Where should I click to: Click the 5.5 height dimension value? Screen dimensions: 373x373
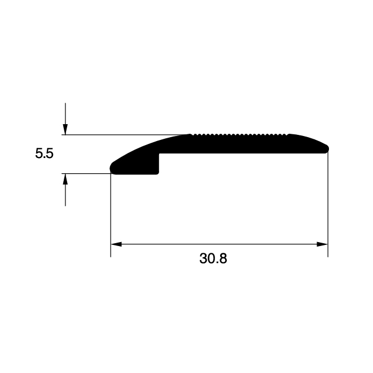44,153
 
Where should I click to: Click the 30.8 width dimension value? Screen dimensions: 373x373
213,258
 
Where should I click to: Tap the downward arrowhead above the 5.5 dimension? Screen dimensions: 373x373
65,129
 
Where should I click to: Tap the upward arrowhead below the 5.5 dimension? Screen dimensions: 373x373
65,179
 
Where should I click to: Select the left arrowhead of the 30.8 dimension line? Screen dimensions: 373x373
116,244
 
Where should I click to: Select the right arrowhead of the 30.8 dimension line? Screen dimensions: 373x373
322,244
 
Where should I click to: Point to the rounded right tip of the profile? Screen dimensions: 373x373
326,149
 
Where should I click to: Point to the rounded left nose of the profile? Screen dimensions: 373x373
112,168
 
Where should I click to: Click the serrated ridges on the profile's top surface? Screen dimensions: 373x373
240,135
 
